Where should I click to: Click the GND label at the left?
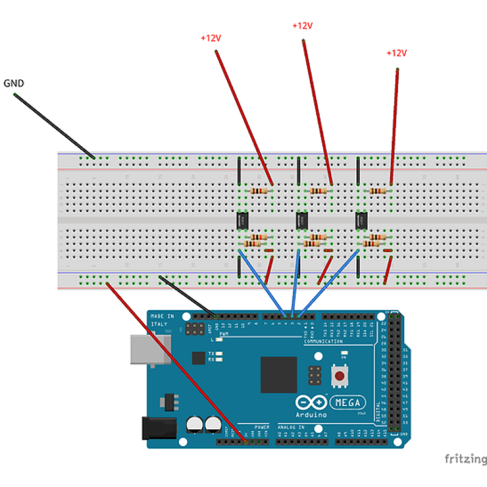click(x=14, y=83)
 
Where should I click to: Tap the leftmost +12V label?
click(x=211, y=38)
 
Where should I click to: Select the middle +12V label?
click(x=303, y=26)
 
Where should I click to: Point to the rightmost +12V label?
click(x=396, y=53)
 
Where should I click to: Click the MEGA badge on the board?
click(x=349, y=402)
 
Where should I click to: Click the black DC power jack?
click(x=154, y=427)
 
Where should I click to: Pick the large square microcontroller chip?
click(x=279, y=374)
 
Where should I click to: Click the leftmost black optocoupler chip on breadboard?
click(x=242, y=220)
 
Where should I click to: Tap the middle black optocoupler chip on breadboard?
click(x=301, y=220)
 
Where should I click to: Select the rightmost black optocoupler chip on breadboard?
click(x=360, y=220)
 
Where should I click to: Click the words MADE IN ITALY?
click(x=162, y=320)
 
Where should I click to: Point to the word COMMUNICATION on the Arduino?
click(x=324, y=342)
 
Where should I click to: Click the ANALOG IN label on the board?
click(x=292, y=427)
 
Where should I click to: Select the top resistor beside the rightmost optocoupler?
click(x=378, y=191)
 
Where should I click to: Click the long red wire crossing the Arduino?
click(x=177, y=362)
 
